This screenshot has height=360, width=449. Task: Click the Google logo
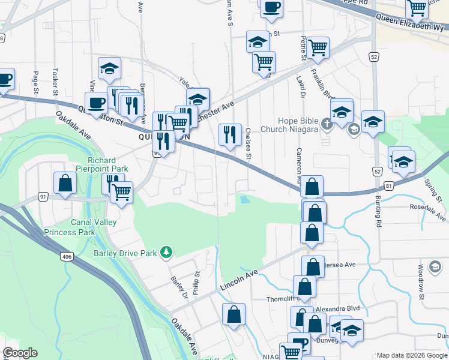(20, 353)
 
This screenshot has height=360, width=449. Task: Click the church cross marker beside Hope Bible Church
(327, 125)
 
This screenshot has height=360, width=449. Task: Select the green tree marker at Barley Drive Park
(167, 253)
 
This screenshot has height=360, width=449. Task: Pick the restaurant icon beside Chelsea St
(229, 136)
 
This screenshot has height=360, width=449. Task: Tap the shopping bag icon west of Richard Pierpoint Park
(65, 184)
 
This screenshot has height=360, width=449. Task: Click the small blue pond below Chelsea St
(244, 199)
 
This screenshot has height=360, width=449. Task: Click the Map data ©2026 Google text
(411, 355)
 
